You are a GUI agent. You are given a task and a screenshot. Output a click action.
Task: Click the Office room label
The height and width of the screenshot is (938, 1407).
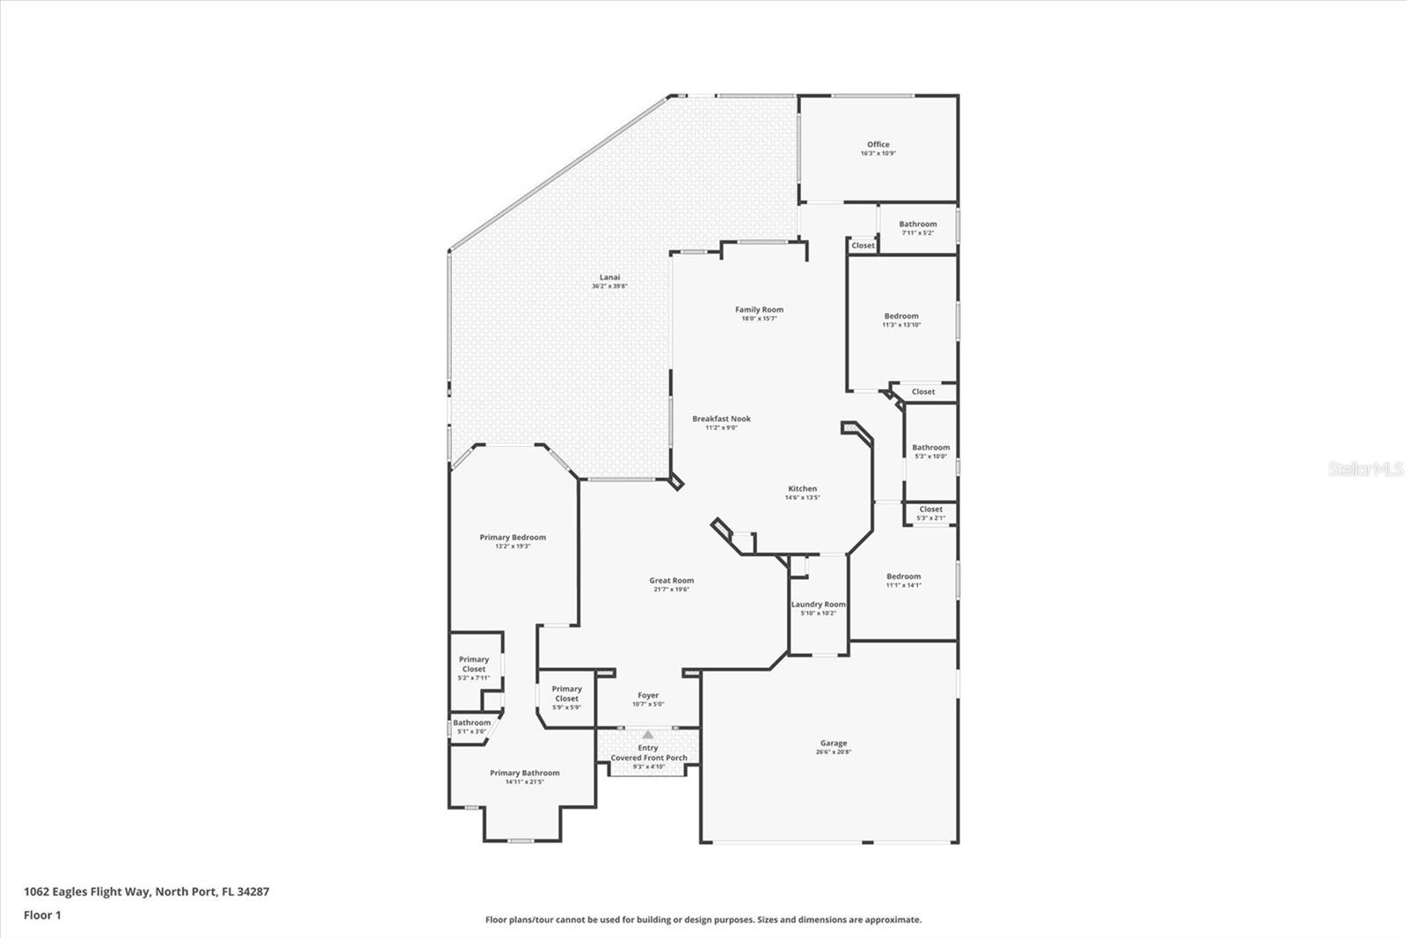tap(878, 144)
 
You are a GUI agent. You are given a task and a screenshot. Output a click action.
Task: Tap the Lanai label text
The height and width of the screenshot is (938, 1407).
tap(609, 277)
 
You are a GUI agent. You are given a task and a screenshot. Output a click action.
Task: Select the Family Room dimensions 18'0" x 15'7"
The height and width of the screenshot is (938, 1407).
tap(759, 319)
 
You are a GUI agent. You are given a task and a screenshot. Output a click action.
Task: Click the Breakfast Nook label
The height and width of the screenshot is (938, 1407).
tap(721, 419)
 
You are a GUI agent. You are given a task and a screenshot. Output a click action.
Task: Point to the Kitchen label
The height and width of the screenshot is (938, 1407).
tap(802, 488)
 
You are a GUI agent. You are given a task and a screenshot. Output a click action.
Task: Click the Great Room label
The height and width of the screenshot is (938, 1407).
tap(671, 581)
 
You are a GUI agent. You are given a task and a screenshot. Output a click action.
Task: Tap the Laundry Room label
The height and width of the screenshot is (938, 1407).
tap(818, 605)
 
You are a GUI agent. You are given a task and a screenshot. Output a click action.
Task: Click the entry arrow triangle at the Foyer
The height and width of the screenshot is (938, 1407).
tap(648, 734)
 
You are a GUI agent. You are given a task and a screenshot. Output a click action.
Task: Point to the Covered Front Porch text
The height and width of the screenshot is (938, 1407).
tap(649, 758)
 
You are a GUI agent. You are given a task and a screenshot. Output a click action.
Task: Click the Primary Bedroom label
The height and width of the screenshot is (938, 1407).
tap(513, 538)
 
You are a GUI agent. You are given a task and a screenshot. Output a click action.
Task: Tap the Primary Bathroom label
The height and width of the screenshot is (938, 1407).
tap(524, 773)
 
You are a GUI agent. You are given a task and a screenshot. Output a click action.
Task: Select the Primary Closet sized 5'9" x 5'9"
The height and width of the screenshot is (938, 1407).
tap(566, 694)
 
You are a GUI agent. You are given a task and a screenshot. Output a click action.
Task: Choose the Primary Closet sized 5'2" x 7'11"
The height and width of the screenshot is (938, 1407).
tap(473, 664)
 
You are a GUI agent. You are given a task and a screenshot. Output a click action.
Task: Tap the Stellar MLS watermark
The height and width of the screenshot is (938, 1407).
tap(1365, 470)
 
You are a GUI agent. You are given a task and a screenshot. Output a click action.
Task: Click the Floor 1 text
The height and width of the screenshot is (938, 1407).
tap(42, 915)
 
